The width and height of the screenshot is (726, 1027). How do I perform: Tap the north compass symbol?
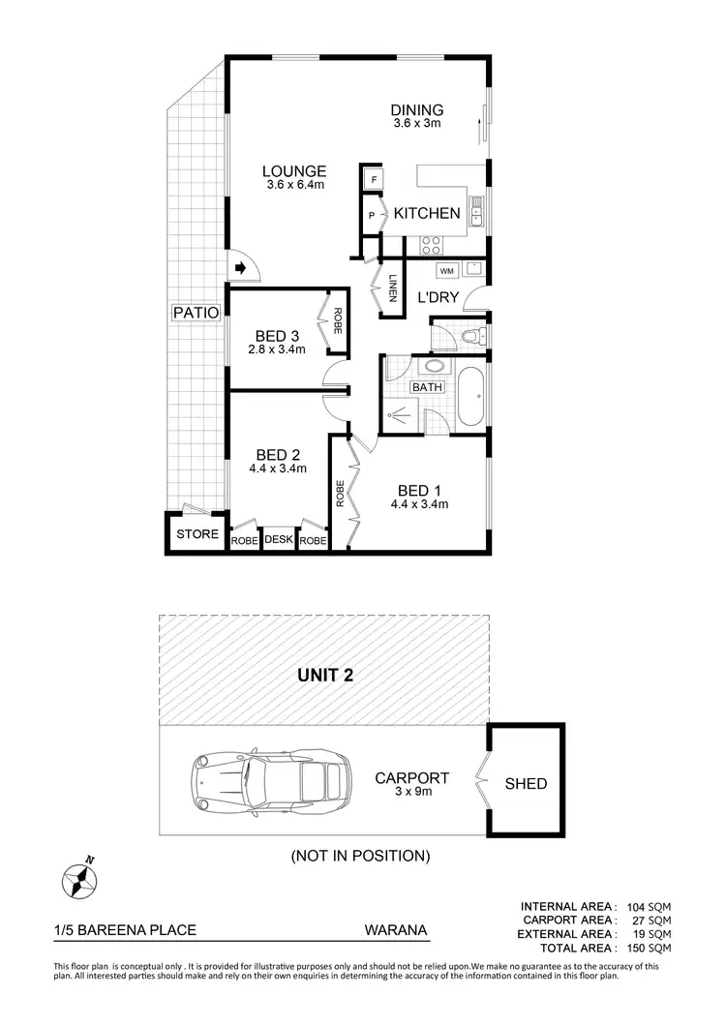click(80, 879)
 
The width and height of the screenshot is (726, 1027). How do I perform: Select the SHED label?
click(527, 783)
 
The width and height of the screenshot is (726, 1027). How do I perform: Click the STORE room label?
click(197, 533)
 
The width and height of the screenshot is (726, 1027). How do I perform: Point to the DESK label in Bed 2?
click(278, 541)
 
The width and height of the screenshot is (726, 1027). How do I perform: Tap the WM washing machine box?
click(446, 271)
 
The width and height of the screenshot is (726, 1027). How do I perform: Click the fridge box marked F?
click(374, 179)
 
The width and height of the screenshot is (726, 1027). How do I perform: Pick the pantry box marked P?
click(372, 216)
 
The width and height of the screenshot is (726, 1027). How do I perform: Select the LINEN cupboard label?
click(392, 290)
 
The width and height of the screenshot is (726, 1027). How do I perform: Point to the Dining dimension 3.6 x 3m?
click(417, 124)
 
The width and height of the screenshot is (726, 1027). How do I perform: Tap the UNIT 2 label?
click(324, 676)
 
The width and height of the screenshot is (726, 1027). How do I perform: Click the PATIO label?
click(197, 313)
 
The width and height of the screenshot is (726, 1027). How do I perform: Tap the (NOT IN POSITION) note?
click(360, 856)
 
